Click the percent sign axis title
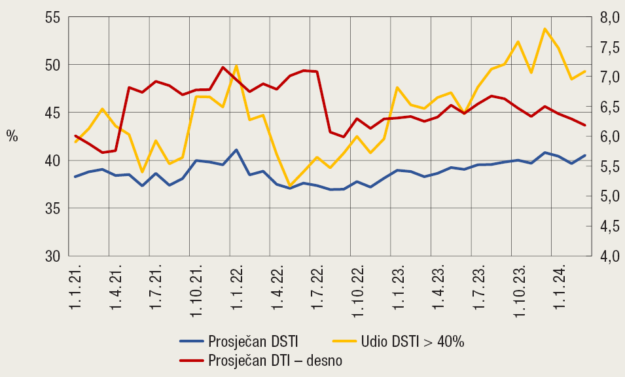coord(12,136)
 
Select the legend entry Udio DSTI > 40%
coord(412,341)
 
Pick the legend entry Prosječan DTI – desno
coord(275,361)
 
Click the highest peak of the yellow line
coord(545,29)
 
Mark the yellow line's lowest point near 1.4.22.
coord(290,186)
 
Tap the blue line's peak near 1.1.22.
coord(236,150)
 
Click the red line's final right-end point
coord(585,125)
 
